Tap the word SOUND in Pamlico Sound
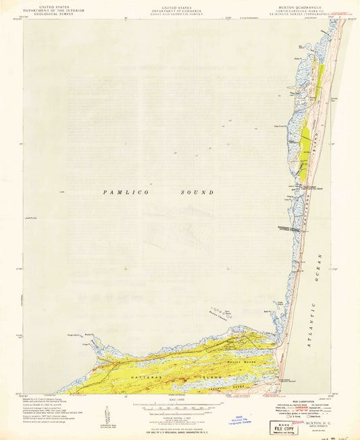(199, 192)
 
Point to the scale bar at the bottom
(179, 408)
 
